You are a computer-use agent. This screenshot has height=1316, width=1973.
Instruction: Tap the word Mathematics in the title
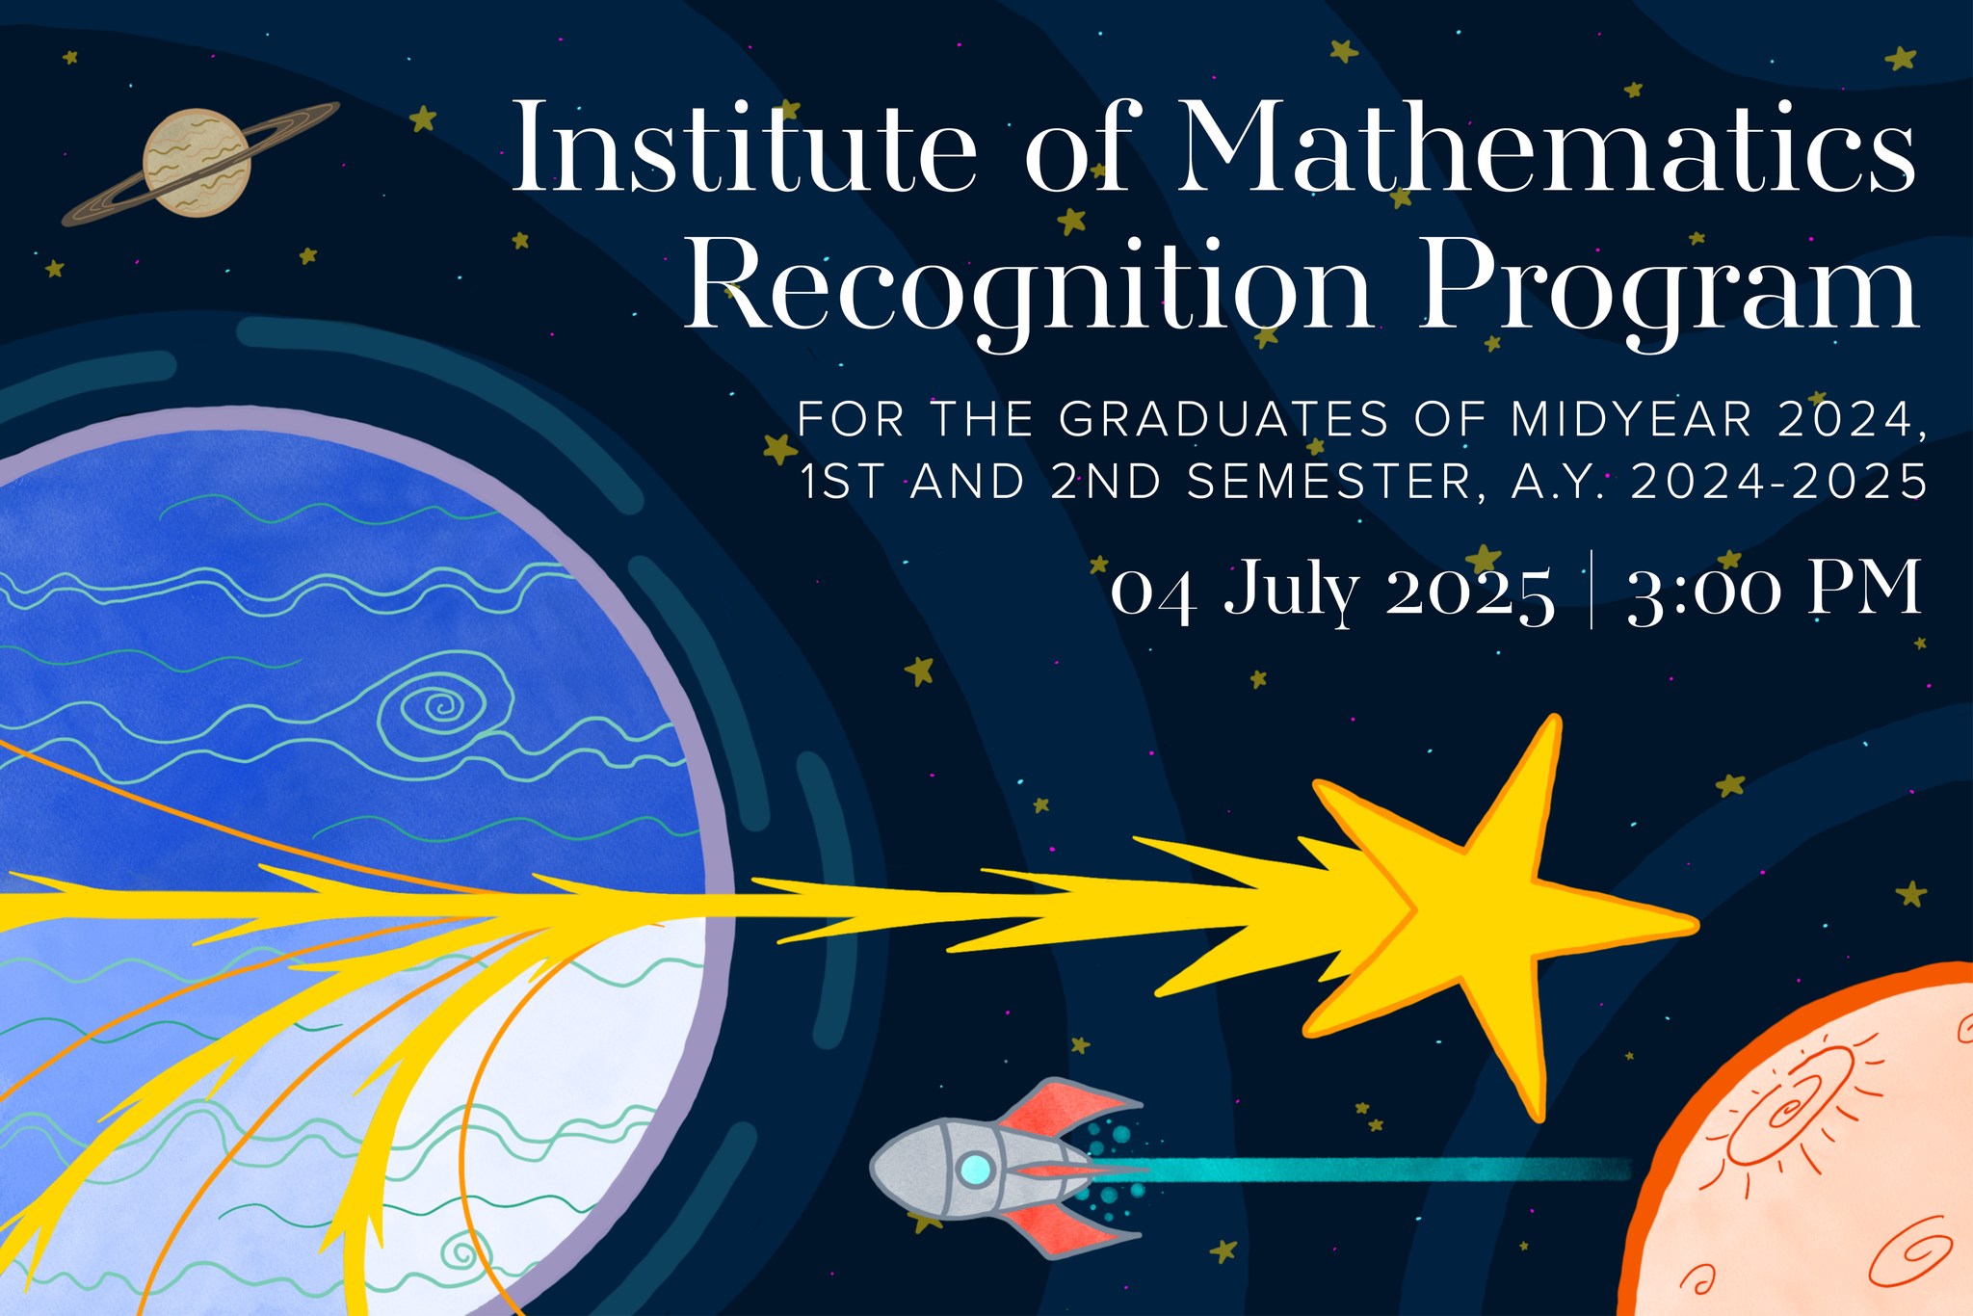pos(1546,146)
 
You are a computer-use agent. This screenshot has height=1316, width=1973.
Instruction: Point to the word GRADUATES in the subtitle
pos(1223,419)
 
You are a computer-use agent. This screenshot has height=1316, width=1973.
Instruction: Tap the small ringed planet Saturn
pos(198,163)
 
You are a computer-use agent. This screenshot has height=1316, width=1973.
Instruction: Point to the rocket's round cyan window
pos(975,1170)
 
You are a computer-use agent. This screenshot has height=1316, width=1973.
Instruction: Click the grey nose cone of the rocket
pos(901,1170)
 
